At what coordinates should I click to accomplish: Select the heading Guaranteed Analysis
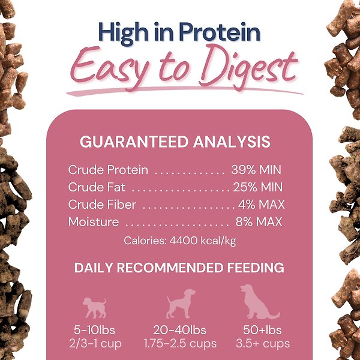[175, 142]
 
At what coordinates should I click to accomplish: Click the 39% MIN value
[256, 170]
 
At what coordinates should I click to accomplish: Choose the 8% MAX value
[259, 222]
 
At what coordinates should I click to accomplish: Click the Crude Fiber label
[102, 205]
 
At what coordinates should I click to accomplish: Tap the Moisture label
[94, 222]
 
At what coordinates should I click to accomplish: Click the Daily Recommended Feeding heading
[179, 268]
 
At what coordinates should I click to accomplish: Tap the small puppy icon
[95, 307]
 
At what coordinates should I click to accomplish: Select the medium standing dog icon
[181, 304]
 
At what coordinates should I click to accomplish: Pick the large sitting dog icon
[259, 302]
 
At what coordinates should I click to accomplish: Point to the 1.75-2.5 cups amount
[180, 344]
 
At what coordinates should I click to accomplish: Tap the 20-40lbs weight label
[180, 330]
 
